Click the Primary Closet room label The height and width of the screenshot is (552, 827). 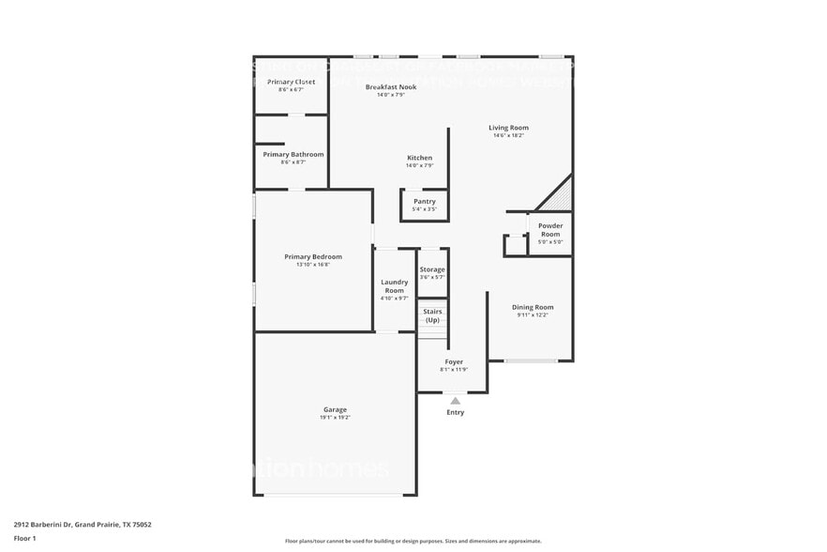click(x=291, y=83)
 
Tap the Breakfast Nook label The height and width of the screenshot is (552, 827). click(x=390, y=86)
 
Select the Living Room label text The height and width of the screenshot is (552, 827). click(x=508, y=128)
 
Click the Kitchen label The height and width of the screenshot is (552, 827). click(x=419, y=158)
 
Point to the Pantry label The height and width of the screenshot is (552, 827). click(x=425, y=201)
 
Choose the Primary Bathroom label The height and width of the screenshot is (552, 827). click(x=293, y=154)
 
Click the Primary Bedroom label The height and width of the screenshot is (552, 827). click(x=313, y=256)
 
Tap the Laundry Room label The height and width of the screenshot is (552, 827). click(x=394, y=286)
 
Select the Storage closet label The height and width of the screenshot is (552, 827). click(x=432, y=269)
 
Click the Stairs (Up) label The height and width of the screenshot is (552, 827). click(x=432, y=315)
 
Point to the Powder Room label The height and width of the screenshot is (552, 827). click(x=550, y=229)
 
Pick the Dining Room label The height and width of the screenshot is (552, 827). click(x=532, y=307)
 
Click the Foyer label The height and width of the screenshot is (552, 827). click(x=454, y=361)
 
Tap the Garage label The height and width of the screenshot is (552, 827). click(x=335, y=409)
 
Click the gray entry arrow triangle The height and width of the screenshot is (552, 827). click(x=455, y=401)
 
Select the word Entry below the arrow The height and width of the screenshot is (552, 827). click(x=455, y=412)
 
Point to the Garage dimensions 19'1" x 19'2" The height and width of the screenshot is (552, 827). click(x=335, y=418)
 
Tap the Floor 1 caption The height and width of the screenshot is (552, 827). click(x=24, y=538)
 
